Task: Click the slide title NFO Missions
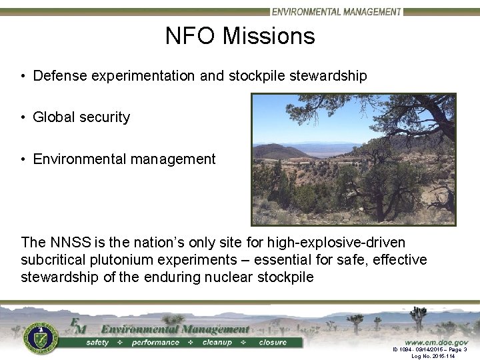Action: (240, 35)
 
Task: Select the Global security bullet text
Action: (81, 117)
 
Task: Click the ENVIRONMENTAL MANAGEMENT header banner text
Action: (336, 11)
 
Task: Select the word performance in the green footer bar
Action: (155, 343)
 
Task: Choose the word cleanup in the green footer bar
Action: (217, 343)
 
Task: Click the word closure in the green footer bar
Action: (273, 343)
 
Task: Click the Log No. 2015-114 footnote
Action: (433, 356)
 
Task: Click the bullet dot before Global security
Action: (23, 118)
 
